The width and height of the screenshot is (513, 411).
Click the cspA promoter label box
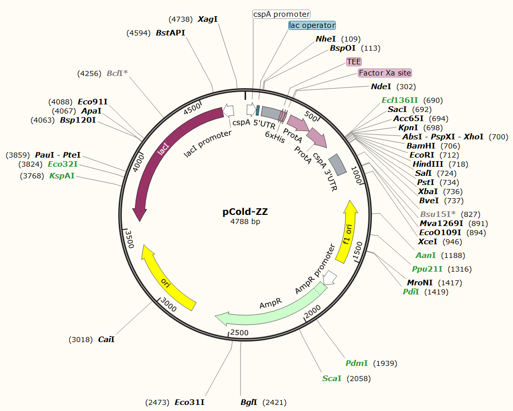[x=281, y=14]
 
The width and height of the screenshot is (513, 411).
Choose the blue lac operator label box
[x=312, y=25]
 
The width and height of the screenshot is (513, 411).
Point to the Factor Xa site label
[x=385, y=73]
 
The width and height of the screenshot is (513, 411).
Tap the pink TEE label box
[x=354, y=61]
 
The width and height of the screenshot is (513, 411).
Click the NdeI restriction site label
[x=381, y=87]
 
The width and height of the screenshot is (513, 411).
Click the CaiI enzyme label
[x=106, y=340]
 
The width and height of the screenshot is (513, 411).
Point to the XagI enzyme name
[x=208, y=19]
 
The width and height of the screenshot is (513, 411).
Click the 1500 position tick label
[x=358, y=251]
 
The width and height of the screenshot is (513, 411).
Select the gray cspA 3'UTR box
[x=337, y=165]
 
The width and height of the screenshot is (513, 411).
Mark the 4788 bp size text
[x=246, y=221]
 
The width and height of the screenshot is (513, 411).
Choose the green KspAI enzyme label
[x=62, y=176]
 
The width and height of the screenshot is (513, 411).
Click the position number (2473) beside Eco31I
[x=157, y=402]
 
